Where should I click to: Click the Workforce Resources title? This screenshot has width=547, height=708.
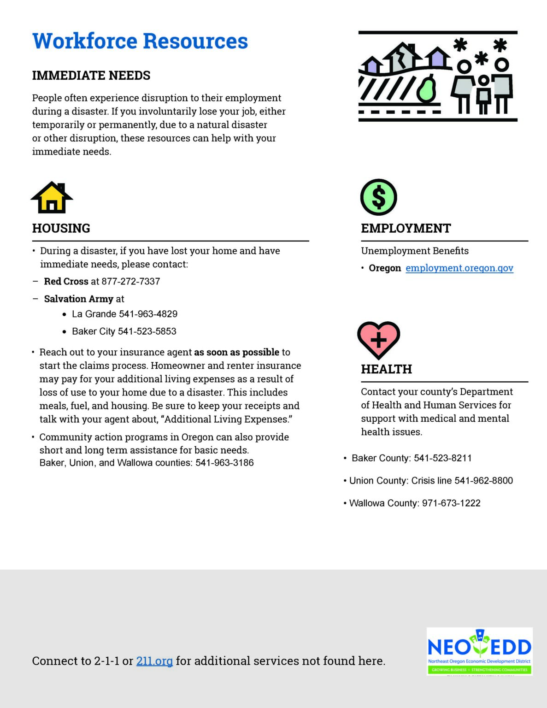[140, 41]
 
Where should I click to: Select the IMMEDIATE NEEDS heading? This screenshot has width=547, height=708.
[91, 76]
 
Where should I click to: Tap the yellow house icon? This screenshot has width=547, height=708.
[52, 198]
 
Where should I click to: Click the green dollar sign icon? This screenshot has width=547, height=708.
[378, 197]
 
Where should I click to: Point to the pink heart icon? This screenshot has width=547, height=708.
[378, 340]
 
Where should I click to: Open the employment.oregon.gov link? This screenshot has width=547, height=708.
[459, 268]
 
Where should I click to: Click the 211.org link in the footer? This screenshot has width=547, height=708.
[154, 661]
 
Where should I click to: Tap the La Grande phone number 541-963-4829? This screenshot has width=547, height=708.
[148, 314]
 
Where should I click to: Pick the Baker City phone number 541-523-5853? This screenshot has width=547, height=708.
[147, 331]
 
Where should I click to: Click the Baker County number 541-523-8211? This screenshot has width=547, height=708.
[442, 458]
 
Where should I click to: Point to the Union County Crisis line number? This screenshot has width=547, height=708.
[483, 481]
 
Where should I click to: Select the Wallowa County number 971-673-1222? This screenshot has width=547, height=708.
[451, 503]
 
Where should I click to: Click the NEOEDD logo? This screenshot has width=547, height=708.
[479, 651]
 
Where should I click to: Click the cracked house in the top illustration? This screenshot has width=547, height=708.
[403, 57]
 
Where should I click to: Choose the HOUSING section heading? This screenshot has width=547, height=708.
[61, 229]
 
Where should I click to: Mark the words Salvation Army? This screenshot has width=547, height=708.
[78, 299]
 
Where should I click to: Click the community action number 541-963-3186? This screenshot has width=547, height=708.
[224, 463]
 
